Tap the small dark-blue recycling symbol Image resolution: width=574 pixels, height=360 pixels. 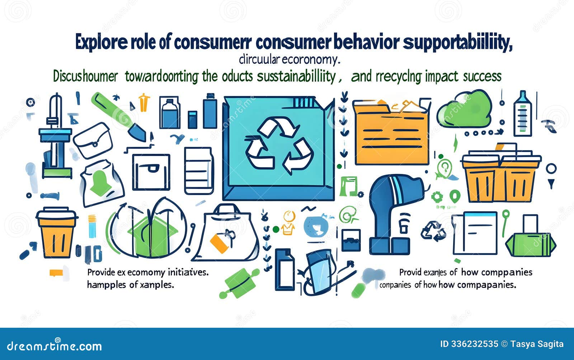[433, 230]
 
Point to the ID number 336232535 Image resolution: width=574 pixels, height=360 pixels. [469, 344]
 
